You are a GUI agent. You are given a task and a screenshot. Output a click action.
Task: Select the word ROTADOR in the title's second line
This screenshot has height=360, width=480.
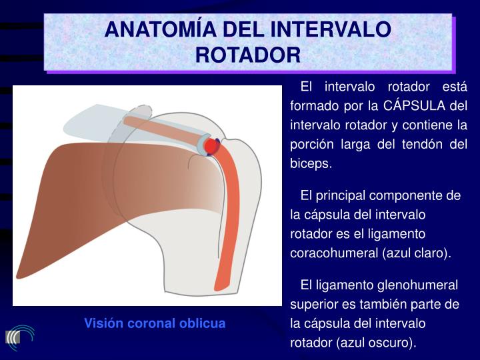pyautogui.click(x=248, y=55)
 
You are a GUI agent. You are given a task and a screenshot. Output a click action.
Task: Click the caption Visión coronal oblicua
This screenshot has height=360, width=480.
pyautogui.click(x=155, y=323)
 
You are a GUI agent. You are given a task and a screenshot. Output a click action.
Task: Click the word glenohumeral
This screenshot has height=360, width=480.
pyautogui.click(x=409, y=285)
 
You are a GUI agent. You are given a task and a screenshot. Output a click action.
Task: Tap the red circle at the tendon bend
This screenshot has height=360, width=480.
pyautogui.click(x=211, y=146)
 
